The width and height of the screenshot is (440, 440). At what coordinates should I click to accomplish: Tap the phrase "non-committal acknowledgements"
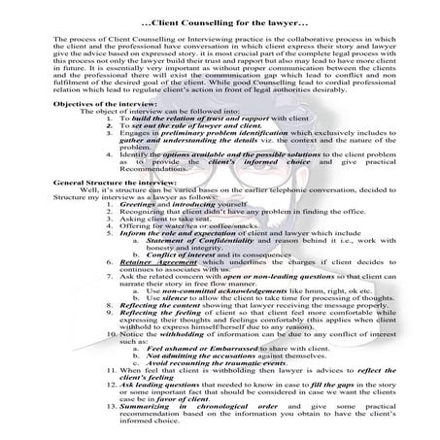click(x=210, y=289)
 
